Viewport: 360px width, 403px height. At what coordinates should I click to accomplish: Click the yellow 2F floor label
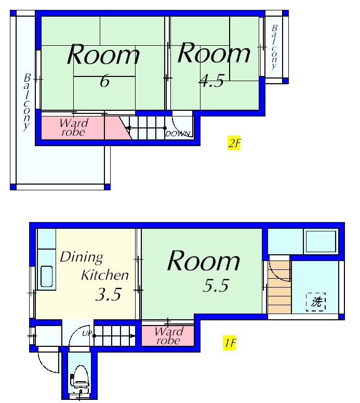click(x=234, y=142)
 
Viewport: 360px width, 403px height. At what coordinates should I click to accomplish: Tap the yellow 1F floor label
click(x=229, y=343)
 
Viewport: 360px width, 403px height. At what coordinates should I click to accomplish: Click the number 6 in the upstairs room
click(x=104, y=82)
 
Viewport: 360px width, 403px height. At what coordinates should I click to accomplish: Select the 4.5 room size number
click(x=211, y=81)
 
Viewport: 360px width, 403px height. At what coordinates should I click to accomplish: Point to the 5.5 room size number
click(x=216, y=285)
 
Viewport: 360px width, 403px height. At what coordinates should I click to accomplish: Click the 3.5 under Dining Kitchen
click(x=108, y=294)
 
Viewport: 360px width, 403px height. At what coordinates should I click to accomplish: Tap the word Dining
click(x=82, y=257)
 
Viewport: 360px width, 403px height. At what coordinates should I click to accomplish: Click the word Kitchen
click(x=105, y=275)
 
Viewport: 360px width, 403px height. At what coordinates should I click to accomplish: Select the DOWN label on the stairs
click(x=178, y=134)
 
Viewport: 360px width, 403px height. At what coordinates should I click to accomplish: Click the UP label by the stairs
click(x=87, y=334)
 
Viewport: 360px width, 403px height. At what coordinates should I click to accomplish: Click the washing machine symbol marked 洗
click(x=316, y=302)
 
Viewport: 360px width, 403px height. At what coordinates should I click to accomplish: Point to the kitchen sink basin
click(x=47, y=276)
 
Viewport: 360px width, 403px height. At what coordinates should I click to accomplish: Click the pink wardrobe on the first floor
click(x=168, y=336)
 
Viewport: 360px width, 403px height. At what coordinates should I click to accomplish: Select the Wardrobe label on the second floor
click(x=74, y=127)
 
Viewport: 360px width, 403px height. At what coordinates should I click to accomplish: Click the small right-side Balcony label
click(x=274, y=47)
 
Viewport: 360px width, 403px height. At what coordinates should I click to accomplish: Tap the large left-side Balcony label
click(x=26, y=102)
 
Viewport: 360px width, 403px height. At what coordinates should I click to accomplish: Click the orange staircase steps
click(x=279, y=288)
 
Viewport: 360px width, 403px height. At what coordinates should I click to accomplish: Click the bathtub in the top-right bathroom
click(x=321, y=241)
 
